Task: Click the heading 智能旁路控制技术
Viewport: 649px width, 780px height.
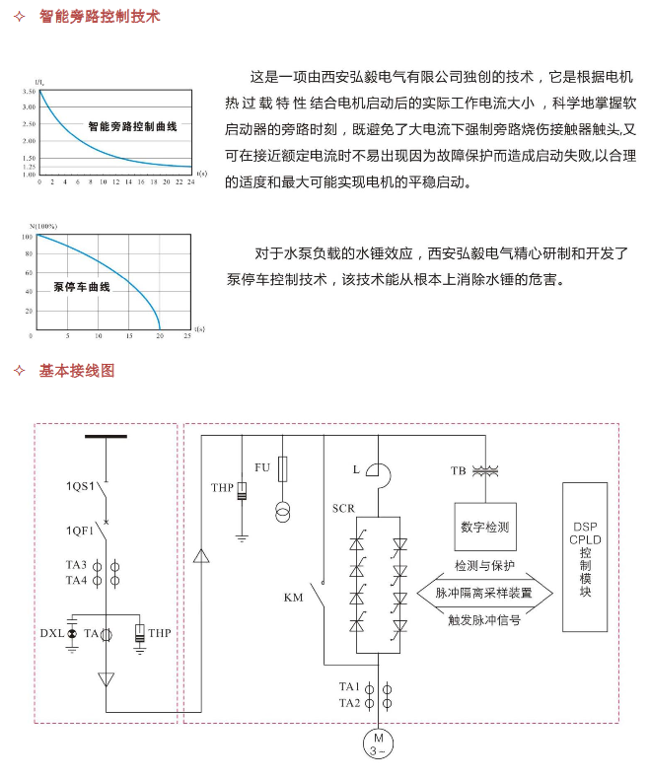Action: pos(100,17)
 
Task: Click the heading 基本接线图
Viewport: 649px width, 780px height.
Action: pos(77,371)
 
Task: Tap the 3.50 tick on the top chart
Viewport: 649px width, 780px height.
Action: pos(29,92)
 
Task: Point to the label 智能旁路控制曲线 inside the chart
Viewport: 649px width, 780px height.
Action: pos(132,126)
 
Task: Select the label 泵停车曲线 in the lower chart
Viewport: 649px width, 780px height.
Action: pos(82,287)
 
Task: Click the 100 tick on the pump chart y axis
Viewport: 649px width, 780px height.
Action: pos(27,237)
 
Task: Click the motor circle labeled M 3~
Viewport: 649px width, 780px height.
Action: pos(378,744)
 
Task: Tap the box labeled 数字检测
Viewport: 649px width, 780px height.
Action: pos(485,527)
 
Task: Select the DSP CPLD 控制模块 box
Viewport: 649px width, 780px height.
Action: pos(585,556)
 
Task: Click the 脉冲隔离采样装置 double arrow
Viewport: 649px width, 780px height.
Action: pos(484,593)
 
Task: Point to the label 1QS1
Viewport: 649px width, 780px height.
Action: pos(80,486)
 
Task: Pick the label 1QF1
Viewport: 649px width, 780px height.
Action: pos(80,531)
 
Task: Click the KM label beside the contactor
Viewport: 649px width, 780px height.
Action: pos(294,598)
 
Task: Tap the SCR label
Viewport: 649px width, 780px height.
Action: pos(343,509)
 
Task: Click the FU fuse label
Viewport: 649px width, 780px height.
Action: pos(262,467)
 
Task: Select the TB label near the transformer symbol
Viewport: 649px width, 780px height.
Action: pos(459,470)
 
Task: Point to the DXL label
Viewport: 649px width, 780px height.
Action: pos(52,633)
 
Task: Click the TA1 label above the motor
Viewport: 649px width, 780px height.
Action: pos(349,686)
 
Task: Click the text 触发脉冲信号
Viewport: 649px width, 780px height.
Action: pos(484,620)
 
